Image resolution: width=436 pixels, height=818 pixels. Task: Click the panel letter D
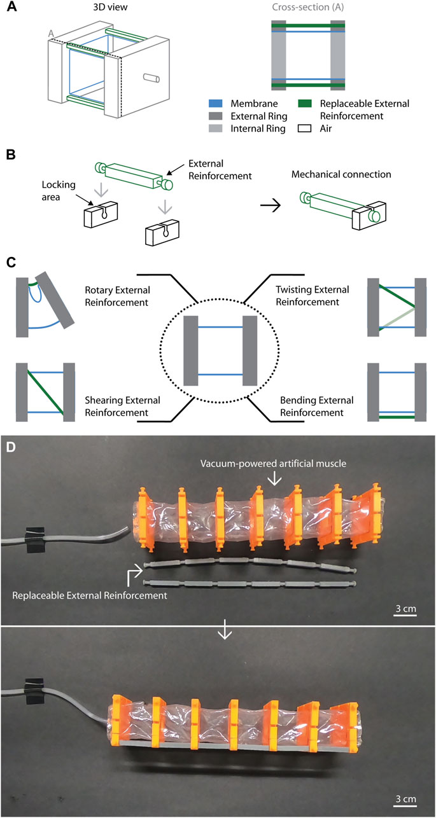[x=11, y=447]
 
